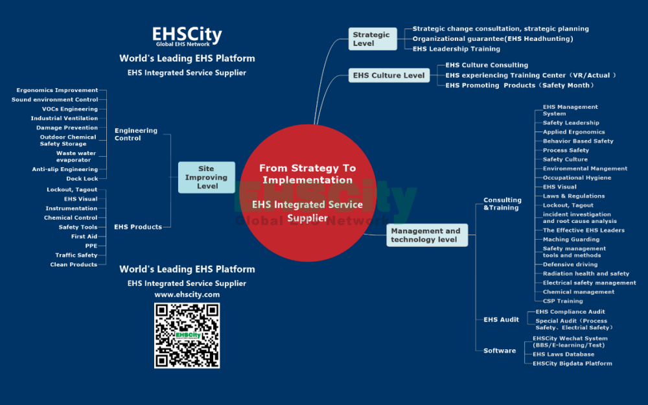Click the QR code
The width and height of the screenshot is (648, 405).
[187, 335]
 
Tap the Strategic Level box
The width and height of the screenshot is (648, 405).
[371, 39]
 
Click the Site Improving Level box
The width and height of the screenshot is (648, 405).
[203, 178]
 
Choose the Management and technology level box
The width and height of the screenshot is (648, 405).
[425, 235]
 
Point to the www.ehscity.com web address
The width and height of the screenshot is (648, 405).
[187, 294]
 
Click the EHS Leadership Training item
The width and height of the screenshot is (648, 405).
[456, 49]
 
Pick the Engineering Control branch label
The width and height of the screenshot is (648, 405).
[136, 134]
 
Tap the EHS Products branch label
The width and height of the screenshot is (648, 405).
[137, 227]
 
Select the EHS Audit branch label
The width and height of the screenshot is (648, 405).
[501, 319]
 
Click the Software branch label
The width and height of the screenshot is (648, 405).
[500, 351]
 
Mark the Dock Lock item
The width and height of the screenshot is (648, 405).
[82, 179]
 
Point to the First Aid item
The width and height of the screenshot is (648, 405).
[84, 237]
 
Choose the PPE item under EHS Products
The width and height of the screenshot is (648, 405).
[91, 246]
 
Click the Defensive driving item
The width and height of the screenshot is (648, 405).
[567, 264]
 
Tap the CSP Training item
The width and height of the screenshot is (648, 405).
[562, 301]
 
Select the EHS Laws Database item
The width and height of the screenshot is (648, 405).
[563, 354]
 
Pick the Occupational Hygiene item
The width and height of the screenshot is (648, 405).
[577, 178]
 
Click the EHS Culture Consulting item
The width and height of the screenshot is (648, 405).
[487, 65]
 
